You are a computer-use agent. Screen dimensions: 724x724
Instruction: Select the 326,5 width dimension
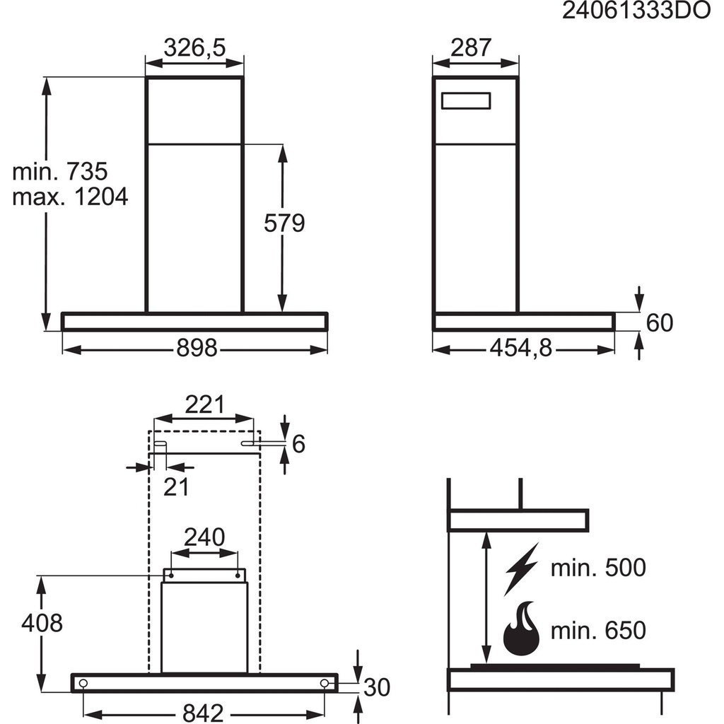pyautogui.click(x=194, y=47)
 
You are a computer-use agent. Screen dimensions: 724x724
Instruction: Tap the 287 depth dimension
pyautogui.click(x=471, y=47)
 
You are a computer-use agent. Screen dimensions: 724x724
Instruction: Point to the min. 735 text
pyautogui.click(x=60, y=171)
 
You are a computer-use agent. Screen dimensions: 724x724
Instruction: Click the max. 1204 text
pyautogui.click(x=70, y=196)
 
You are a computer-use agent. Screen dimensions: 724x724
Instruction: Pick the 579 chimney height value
pyautogui.click(x=284, y=223)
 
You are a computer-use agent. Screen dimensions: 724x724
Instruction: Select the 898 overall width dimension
pyautogui.click(x=197, y=349)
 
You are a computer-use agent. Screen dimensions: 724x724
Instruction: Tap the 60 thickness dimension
pyautogui.click(x=659, y=322)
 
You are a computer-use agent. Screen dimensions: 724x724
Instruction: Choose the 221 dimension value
pyautogui.click(x=204, y=405)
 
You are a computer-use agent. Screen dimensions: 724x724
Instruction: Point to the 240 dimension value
pyautogui.click(x=204, y=537)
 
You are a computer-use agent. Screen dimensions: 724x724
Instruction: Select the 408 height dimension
pyautogui.click(x=42, y=623)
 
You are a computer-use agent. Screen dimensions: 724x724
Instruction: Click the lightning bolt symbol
pyautogui.click(x=522, y=568)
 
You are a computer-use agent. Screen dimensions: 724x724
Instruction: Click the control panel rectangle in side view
pyautogui.click(x=467, y=102)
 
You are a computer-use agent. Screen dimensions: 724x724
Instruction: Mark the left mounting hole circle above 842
pyautogui.click(x=84, y=683)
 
